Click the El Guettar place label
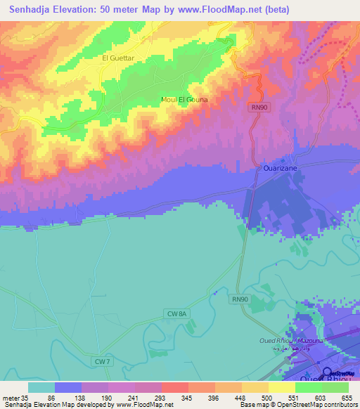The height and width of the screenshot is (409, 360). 117,59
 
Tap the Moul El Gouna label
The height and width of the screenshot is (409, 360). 185,100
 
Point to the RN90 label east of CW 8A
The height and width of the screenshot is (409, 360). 240,299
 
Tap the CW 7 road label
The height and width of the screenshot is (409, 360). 103,361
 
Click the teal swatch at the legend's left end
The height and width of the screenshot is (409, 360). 41,387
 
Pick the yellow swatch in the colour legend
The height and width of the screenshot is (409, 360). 281,387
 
